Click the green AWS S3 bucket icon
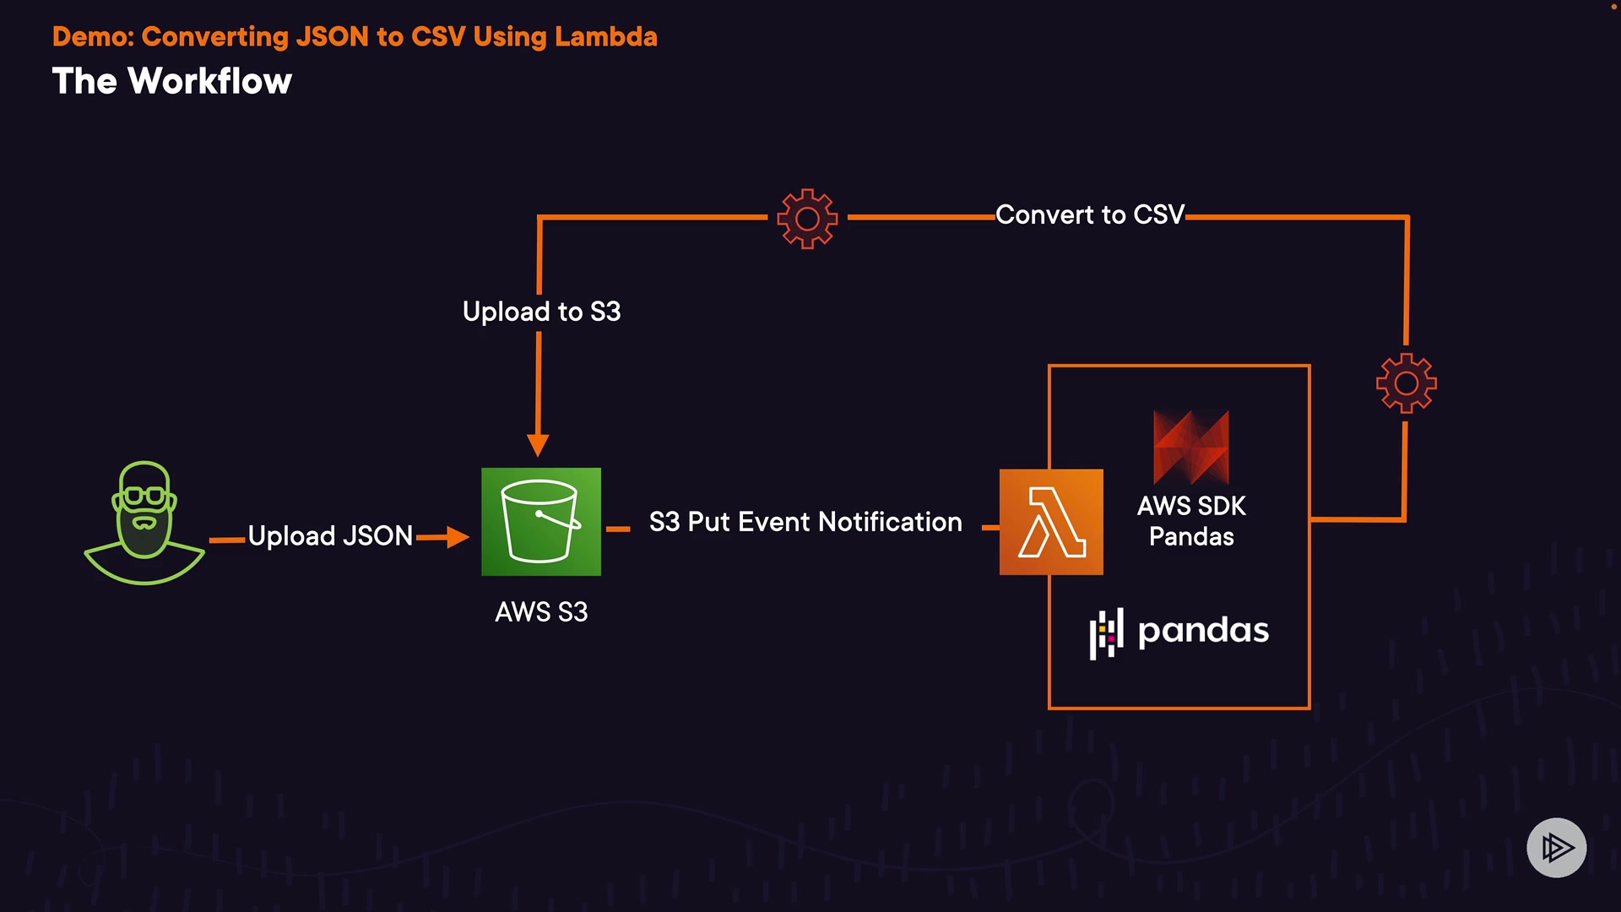541,522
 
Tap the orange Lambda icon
1051,522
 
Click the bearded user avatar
144,523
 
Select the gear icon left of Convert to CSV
807,219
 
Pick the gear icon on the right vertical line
1407,383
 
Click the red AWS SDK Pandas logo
1191,447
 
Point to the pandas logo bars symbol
1106,633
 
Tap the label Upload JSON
330,536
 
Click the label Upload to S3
542,312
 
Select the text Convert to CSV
1090,214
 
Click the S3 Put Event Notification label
805,522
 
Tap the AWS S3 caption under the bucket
541,611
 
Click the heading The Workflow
172,81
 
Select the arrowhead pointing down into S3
538,445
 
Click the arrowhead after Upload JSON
458,537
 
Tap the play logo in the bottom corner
1557,847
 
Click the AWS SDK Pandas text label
1191,521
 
